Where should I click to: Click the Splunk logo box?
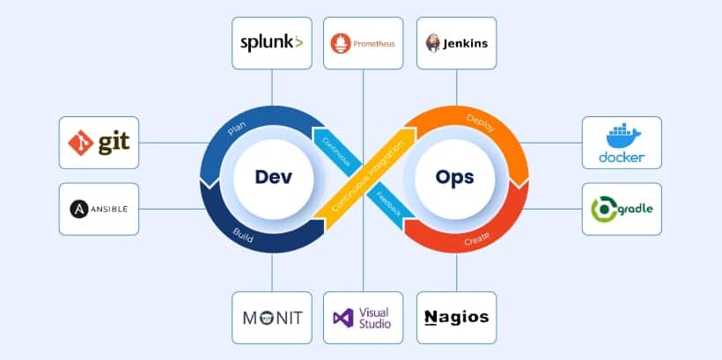pos(271,42)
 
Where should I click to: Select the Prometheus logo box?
pos(363,42)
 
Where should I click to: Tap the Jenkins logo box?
pos(456,42)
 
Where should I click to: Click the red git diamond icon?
pos(82,142)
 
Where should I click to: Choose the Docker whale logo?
pos(622,136)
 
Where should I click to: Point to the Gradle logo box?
pos(622,209)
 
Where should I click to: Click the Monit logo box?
pos(271,317)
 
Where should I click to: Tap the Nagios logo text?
pos(456,317)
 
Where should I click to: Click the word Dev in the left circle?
pos(272,177)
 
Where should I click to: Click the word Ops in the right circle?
pos(454,177)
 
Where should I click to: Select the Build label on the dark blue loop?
pos(243,232)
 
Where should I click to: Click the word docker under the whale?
pos(622,158)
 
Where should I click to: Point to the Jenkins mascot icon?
pos(433,42)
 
